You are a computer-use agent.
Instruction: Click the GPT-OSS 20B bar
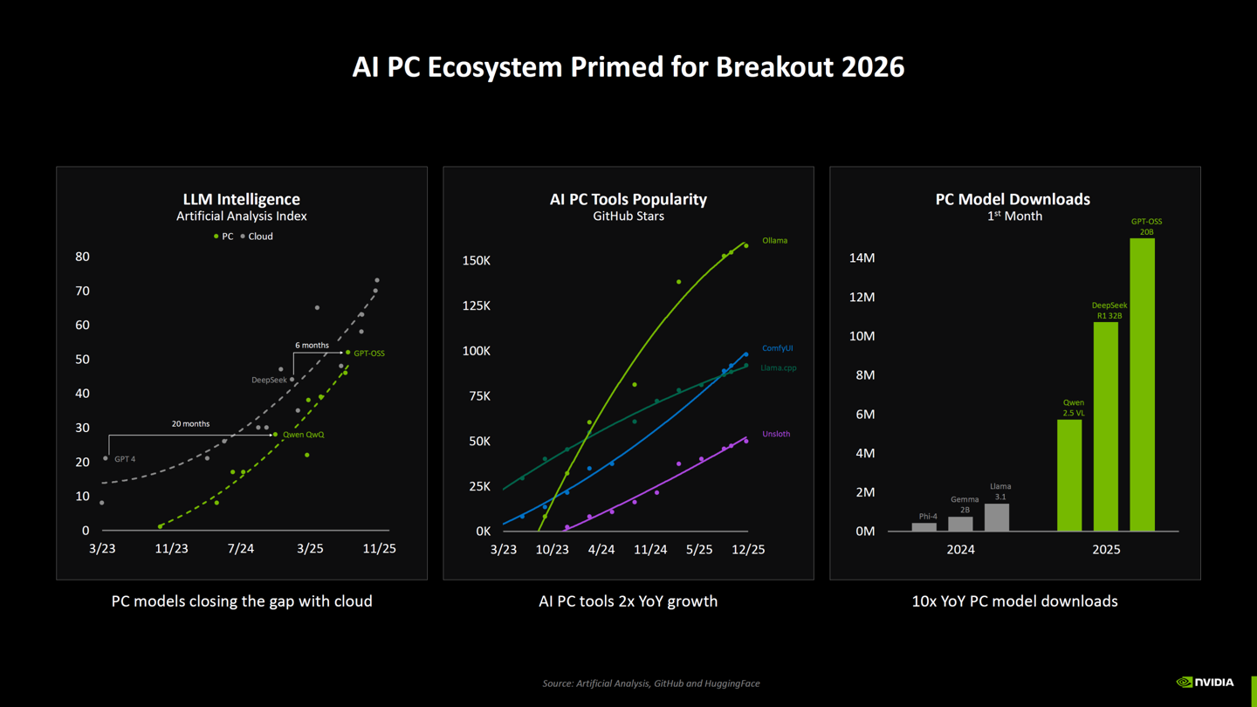1142,384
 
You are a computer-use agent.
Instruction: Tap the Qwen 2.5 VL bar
1069,475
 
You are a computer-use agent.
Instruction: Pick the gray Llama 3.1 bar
997,517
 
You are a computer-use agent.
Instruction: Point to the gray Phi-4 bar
924,526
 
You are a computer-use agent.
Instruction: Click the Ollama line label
774,241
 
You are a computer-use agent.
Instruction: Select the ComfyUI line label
777,348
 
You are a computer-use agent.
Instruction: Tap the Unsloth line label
776,434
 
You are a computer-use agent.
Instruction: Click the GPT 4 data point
106,458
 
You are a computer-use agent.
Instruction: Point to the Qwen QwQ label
303,435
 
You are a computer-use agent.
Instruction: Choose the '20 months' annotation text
190,424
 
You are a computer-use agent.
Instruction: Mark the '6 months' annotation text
312,346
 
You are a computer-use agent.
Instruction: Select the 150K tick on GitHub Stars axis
476,261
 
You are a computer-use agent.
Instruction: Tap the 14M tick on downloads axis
862,257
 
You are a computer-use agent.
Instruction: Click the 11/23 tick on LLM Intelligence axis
171,549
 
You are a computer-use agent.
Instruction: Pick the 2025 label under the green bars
1106,549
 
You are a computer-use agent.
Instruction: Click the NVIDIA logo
1205,683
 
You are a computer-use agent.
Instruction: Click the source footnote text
651,683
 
